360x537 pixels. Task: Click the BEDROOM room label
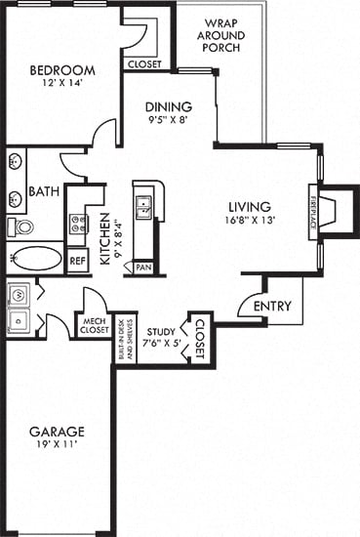coord(61,70)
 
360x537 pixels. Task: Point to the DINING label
coord(169,107)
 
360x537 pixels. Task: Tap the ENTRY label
coord(273,307)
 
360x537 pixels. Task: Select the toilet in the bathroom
coord(20,227)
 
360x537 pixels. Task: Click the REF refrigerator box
coord(78,261)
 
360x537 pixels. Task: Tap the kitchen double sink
coord(143,206)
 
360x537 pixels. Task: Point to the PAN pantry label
coord(143,267)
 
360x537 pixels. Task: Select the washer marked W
coord(17,294)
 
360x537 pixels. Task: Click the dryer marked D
coord(17,319)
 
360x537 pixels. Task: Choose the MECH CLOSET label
coord(94,325)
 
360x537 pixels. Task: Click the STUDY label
coord(159,316)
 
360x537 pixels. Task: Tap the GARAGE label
coord(56,432)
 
